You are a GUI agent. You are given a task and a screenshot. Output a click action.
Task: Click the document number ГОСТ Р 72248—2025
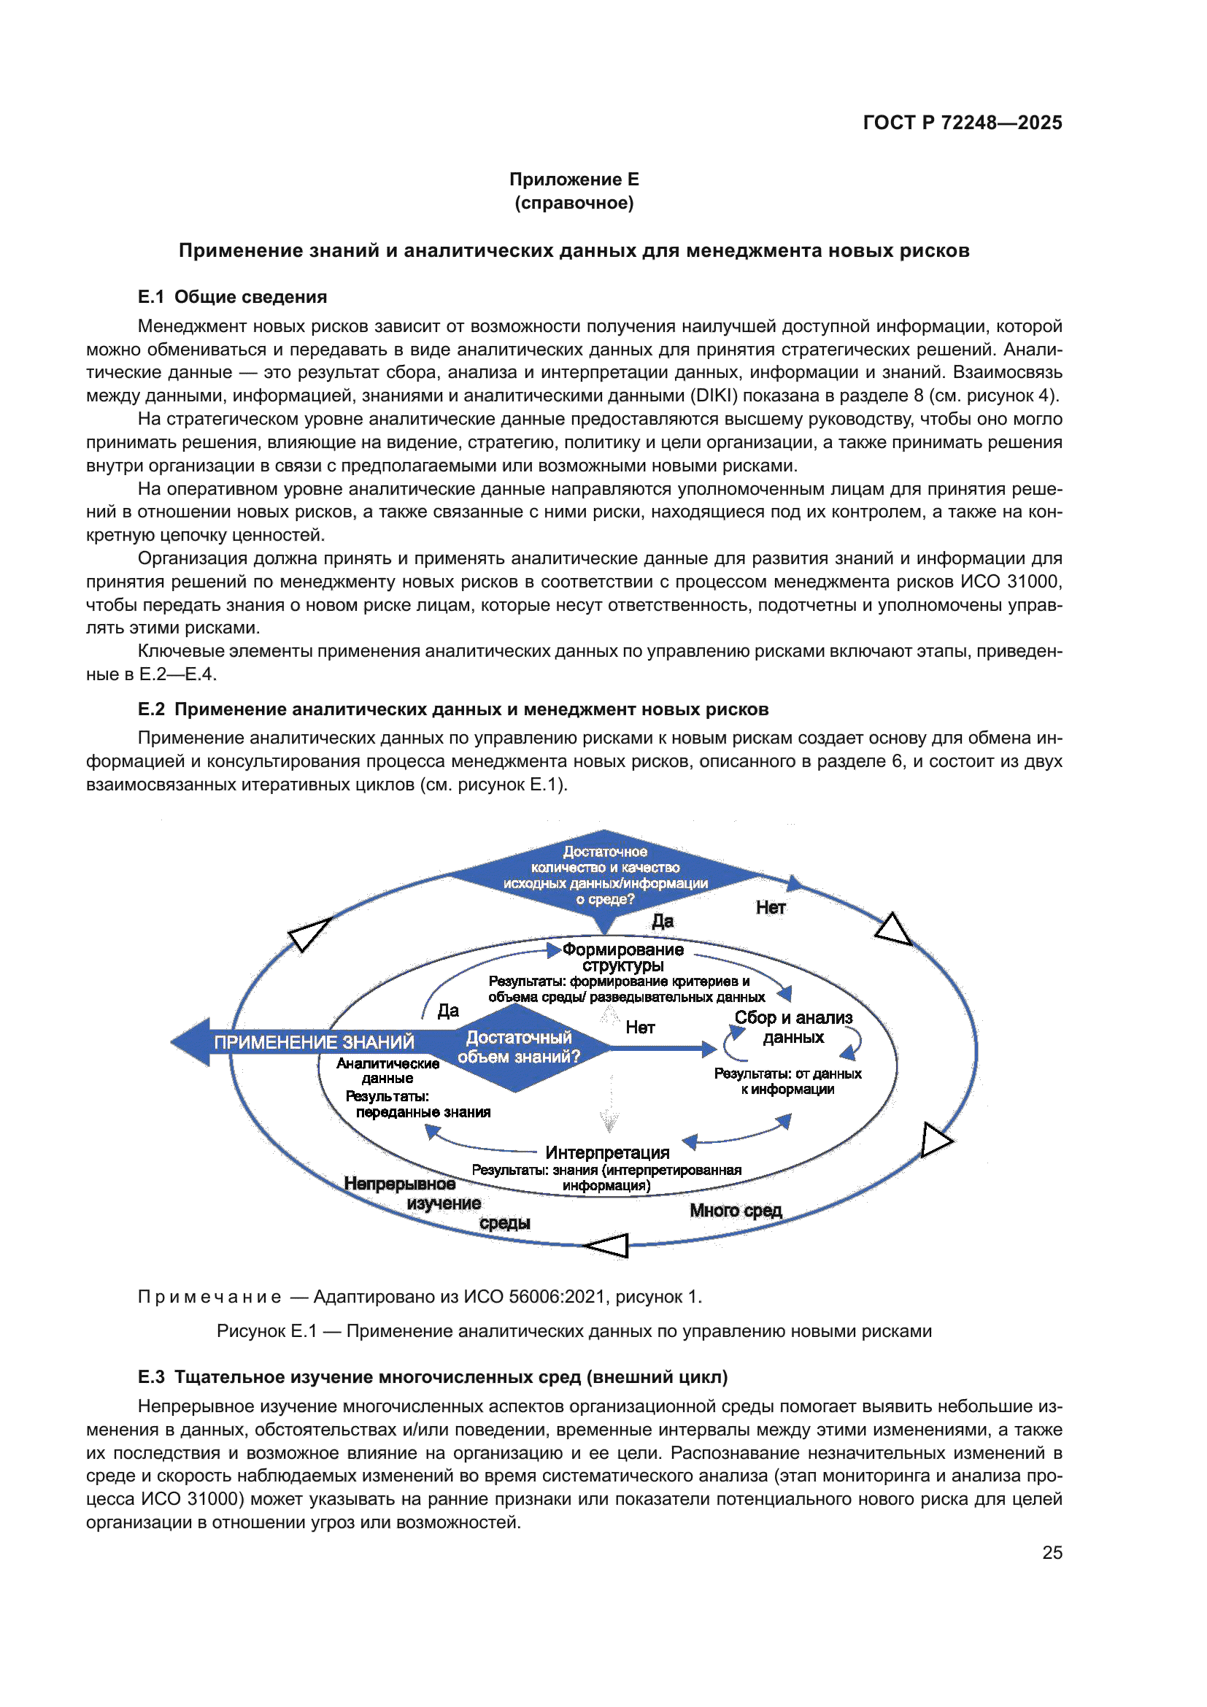coord(962,123)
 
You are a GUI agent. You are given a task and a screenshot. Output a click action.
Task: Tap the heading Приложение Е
coord(574,180)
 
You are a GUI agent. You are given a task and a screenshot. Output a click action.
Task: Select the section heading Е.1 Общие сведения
coord(232,296)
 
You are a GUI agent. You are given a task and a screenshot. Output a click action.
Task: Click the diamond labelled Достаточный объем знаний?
coord(518,1047)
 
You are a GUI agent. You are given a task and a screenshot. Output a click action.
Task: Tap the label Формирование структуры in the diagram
coord(622,957)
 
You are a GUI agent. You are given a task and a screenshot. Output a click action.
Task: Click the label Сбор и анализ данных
coord(793,1027)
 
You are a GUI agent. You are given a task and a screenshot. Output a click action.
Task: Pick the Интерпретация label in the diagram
coord(607,1152)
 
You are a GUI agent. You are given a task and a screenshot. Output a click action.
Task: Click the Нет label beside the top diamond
coord(771,908)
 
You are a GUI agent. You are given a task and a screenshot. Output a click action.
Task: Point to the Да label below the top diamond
coord(662,921)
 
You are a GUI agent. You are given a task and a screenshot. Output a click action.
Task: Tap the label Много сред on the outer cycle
coord(736,1210)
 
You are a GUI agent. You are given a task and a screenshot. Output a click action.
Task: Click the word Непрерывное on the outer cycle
coord(400,1184)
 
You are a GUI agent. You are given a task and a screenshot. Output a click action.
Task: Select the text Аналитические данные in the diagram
coord(387,1071)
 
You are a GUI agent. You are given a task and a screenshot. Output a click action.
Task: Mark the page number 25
coord(1052,1552)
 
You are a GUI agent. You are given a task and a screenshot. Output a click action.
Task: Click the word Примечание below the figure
coord(209,1297)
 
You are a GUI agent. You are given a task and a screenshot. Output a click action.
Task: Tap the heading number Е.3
coord(151,1377)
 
